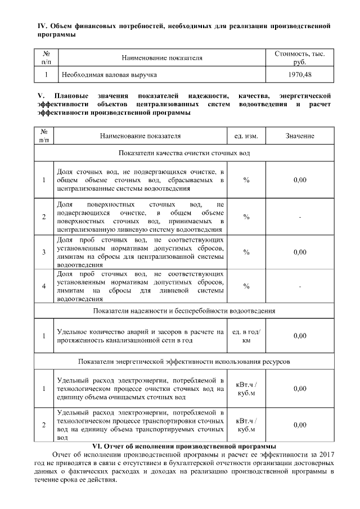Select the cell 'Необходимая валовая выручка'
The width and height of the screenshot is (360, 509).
point(109,74)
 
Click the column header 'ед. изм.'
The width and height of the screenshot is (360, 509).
point(246,136)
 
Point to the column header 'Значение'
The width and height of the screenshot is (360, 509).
point(299,136)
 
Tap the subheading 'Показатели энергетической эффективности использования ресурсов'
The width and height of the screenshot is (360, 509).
point(184,361)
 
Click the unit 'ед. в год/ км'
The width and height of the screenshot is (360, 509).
point(246,336)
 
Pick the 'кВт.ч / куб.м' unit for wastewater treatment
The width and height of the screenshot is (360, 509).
point(246,389)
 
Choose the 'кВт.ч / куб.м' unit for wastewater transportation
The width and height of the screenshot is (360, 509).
point(246,425)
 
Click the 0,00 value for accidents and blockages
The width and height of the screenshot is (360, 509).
point(299,336)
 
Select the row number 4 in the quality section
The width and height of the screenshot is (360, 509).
point(44,286)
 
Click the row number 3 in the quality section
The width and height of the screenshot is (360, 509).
point(44,252)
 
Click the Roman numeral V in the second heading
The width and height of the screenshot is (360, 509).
point(40,96)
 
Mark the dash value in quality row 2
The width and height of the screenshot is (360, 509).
point(299,217)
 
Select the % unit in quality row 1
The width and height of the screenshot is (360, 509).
point(246,180)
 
